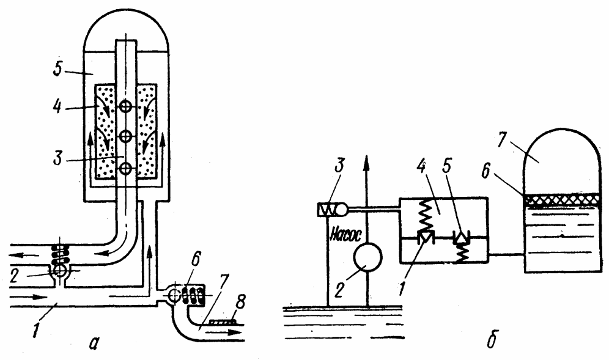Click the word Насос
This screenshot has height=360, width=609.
[345, 235]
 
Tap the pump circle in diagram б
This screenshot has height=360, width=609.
[367, 257]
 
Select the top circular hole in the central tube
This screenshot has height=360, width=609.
[125, 106]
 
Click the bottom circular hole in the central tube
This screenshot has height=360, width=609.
[125, 169]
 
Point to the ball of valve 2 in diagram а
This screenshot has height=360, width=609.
[61, 271]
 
